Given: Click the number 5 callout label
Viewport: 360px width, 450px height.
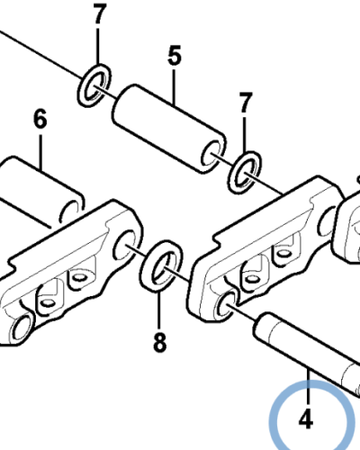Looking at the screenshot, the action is [x=175, y=56].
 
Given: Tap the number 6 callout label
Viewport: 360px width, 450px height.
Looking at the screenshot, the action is [x=40, y=119].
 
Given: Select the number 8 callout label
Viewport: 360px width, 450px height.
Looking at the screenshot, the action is [x=159, y=342].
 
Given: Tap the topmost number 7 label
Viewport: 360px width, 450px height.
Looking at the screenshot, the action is [x=100, y=14].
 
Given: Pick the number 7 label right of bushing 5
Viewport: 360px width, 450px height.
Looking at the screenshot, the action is [x=246, y=103].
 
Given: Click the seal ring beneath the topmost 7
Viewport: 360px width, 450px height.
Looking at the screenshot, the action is [x=94, y=85].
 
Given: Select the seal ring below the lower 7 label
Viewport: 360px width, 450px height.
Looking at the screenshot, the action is [x=245, y=173].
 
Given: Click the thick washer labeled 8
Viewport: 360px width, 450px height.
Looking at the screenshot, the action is [x=161, y=265].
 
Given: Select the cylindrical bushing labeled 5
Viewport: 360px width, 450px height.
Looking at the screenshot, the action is [x=169, y=129].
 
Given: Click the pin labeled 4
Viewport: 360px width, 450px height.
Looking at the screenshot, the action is [x=306, y=354].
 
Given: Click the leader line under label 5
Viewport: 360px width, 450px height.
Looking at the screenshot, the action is [x=175, y=86].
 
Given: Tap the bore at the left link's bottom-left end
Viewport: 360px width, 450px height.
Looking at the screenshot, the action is [x=22, y=328].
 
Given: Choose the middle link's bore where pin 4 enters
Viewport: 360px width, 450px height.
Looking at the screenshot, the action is [x=229, y=306].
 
